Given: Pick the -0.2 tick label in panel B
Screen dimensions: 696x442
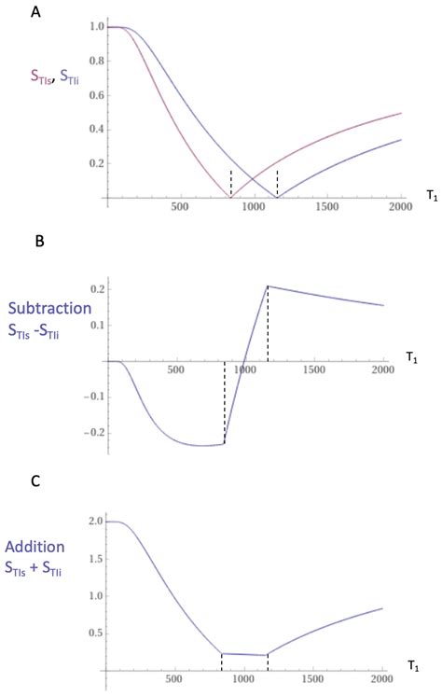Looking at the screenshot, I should (90, 433).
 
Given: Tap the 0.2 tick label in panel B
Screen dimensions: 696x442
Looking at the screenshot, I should (93, 288).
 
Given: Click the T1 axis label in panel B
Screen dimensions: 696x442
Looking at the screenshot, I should (415, 356).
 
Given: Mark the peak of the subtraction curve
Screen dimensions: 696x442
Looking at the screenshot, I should (268, 285).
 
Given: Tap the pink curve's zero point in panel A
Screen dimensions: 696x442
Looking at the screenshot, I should (231, 198).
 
